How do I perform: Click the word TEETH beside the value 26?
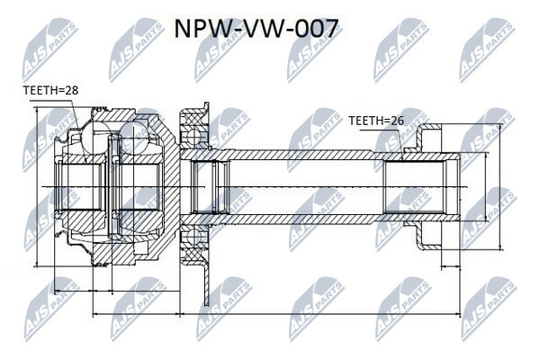(x=364, y=120)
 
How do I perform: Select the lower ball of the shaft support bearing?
(x=191, y=236)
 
